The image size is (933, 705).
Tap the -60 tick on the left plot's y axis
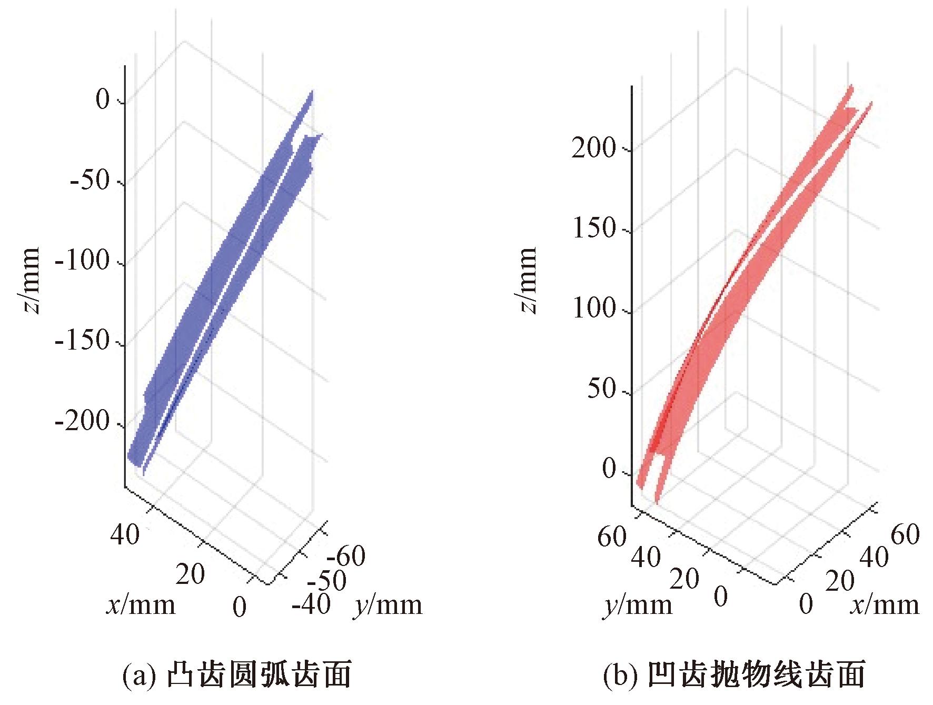tap(346, 556)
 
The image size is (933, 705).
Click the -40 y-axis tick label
tap(311, 604)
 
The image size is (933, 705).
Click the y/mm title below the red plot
tap(638, 605)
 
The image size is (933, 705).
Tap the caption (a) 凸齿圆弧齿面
tap(236, 676)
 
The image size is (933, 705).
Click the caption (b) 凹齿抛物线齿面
tap(735, 676)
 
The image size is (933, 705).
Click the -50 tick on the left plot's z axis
tap(90, 181)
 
